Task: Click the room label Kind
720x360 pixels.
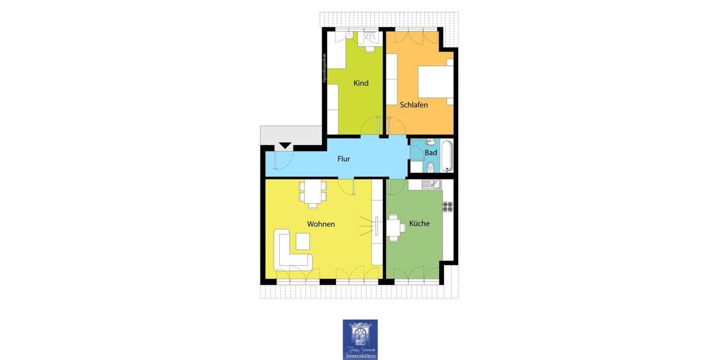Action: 361,83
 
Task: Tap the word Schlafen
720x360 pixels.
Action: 414,104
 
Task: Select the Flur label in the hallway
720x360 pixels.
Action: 343,159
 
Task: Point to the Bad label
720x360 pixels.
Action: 431,153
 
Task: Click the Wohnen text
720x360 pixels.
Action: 321,224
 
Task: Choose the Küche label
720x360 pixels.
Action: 419,223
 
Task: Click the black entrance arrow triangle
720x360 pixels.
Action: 285,145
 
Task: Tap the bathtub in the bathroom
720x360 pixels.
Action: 447,155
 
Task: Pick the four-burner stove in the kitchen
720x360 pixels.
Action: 448,206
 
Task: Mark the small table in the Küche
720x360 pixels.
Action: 395,227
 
